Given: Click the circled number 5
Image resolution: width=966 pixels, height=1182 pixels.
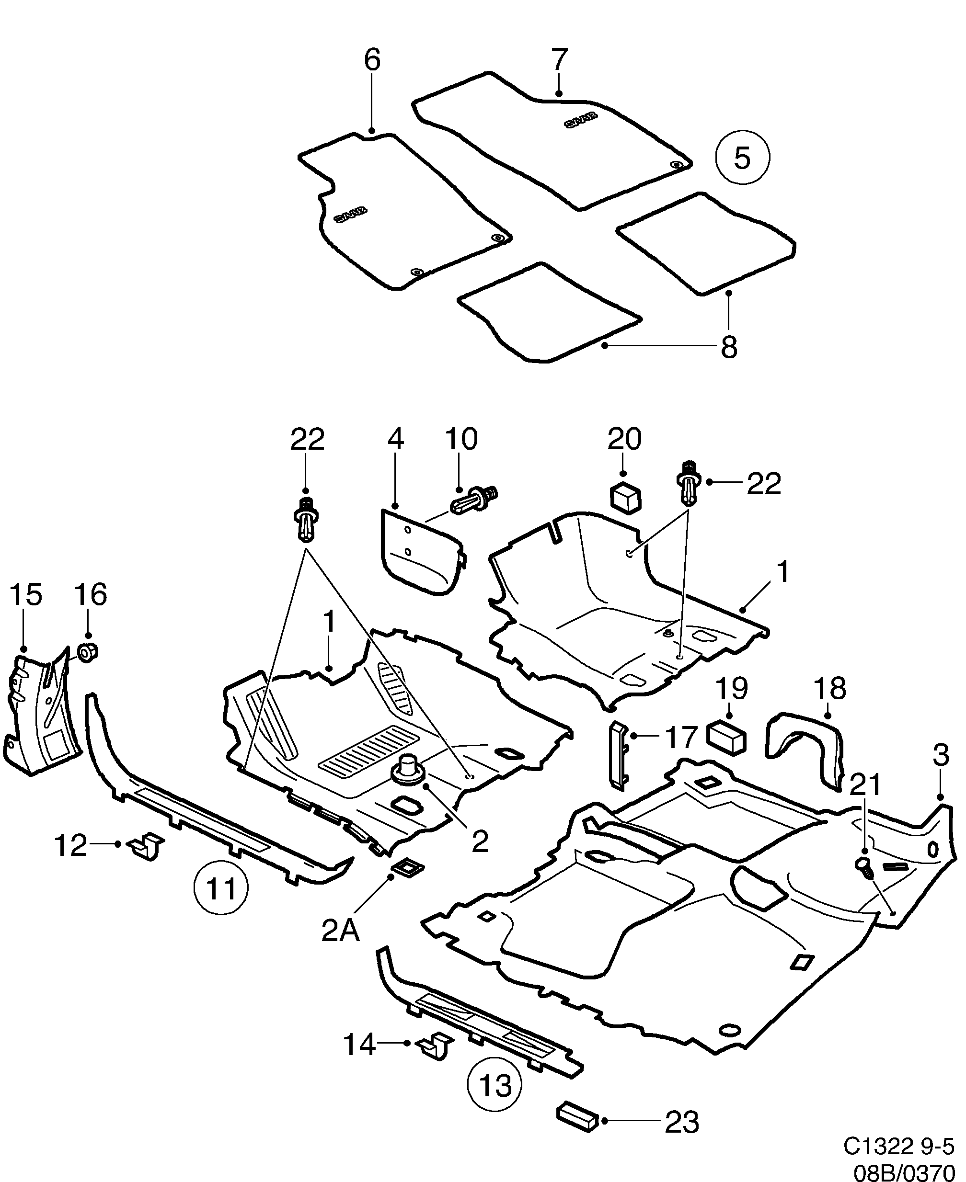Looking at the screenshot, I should [x=742, y=158].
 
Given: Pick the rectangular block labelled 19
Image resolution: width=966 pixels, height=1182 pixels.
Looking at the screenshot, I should [x=726, y=738].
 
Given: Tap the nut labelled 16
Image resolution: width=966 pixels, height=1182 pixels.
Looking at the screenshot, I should [x=88, y=652].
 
